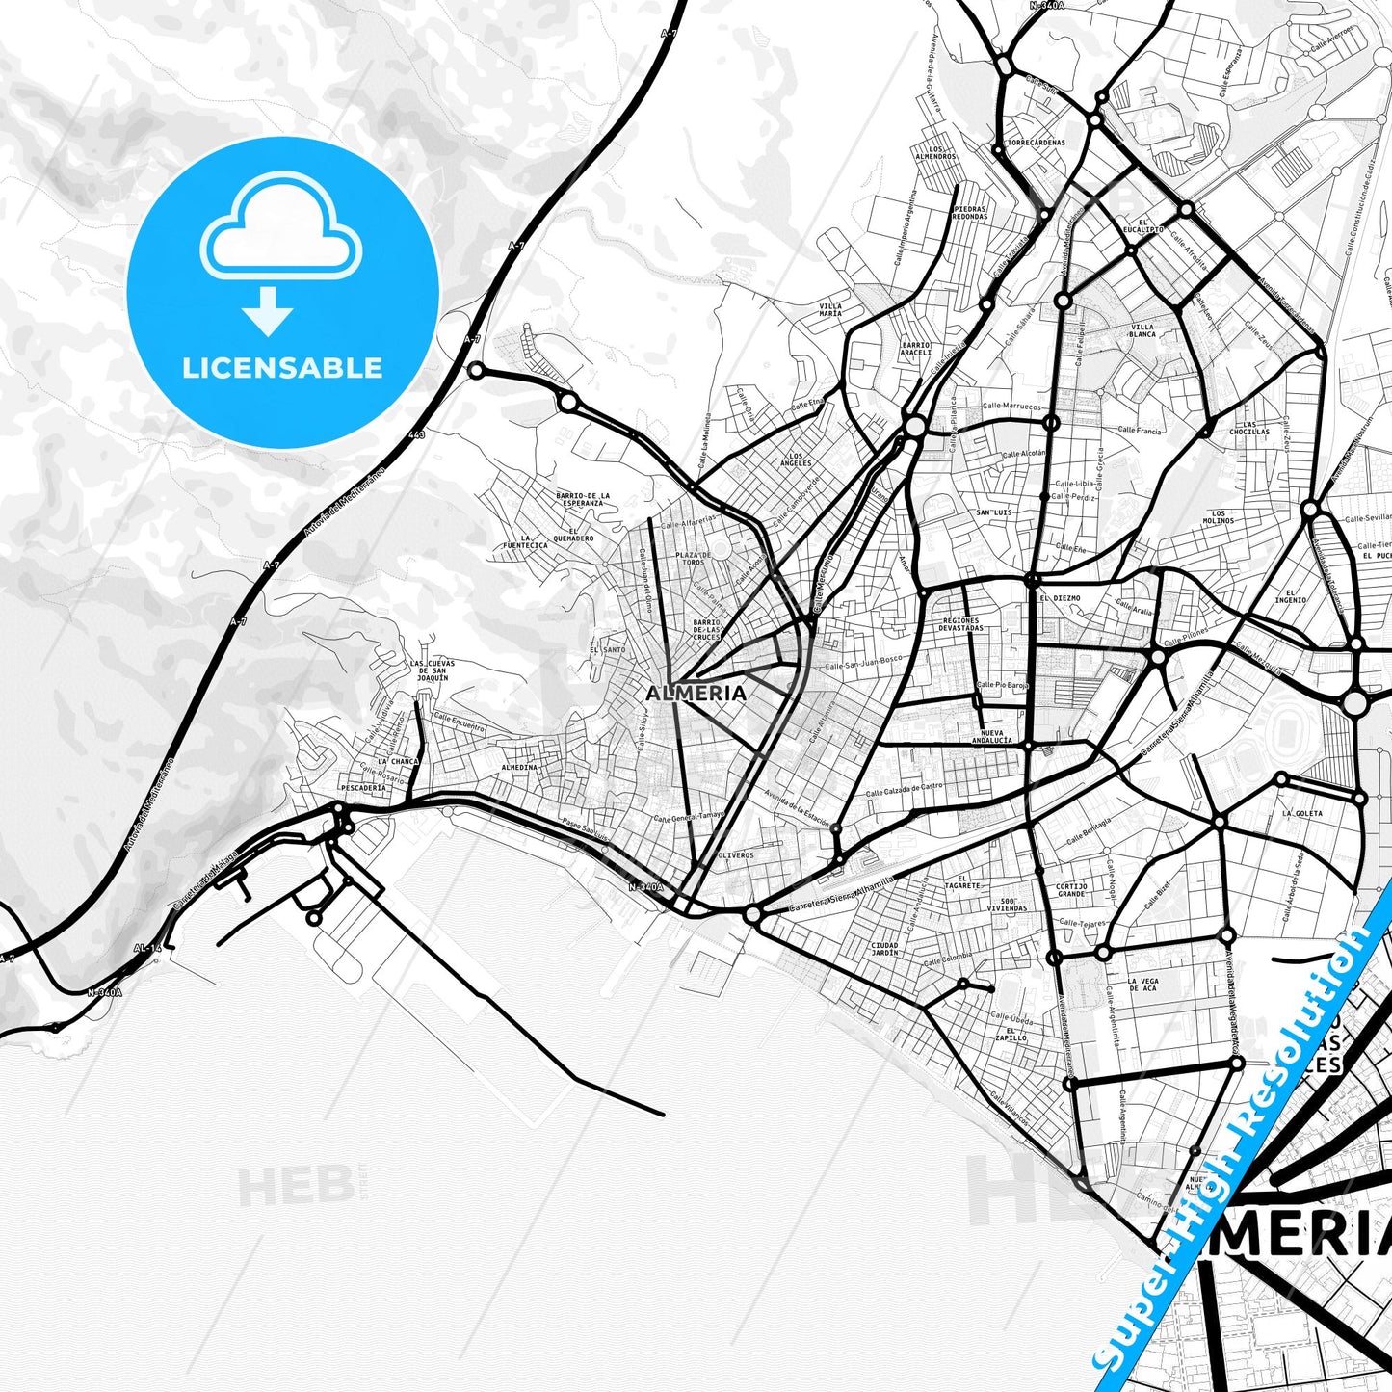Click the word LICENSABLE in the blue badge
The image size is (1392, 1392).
[x=282, y=368]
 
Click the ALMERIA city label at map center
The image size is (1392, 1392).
[x=696, y=693]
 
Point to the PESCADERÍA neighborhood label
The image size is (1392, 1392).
[x=363, y=787]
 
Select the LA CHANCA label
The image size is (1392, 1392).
[x=398, y=761]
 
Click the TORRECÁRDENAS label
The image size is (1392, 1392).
[x=1036, y=143]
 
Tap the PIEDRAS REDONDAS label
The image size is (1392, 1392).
[x=970, y=213]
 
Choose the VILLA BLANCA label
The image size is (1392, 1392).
[x=1142, y=330]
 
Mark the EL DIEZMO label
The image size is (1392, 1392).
[x=1060, y=598]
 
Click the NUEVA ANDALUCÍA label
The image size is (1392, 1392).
[x=991, y=737]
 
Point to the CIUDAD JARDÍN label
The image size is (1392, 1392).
[x=883, y=949]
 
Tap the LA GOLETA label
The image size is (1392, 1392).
[x=1302, y=813]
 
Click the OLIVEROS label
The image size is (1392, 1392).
[x=736, y=854]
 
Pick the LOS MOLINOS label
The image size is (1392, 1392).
[x=1218, y=517]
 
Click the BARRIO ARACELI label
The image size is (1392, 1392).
[x=915, y=349]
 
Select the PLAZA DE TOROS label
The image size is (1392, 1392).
[x=693, y=559]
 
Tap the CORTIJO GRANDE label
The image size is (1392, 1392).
[x=1071, y=889]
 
